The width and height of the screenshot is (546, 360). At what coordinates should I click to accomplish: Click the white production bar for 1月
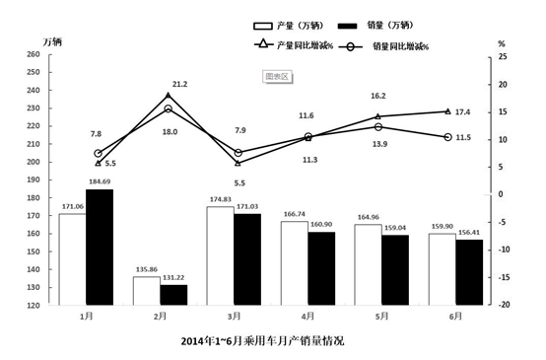[x=72, y=258]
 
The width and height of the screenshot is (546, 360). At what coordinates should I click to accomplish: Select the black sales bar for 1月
[x=99, y=247]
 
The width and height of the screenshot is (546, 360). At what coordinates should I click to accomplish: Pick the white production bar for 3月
[x=220, y=255]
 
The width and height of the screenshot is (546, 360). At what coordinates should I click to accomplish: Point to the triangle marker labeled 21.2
[x=169, y=96]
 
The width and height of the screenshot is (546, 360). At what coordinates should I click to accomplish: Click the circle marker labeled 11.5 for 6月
[x=446, y=137]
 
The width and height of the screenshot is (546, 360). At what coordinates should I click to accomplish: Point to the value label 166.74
[x=295, y=213]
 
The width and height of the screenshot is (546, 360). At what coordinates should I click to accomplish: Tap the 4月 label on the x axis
[x=307, y=318]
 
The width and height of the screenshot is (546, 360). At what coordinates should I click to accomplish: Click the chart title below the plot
[x=263, y=340]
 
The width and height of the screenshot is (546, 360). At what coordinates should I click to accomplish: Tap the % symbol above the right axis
[x=501, y=43]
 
